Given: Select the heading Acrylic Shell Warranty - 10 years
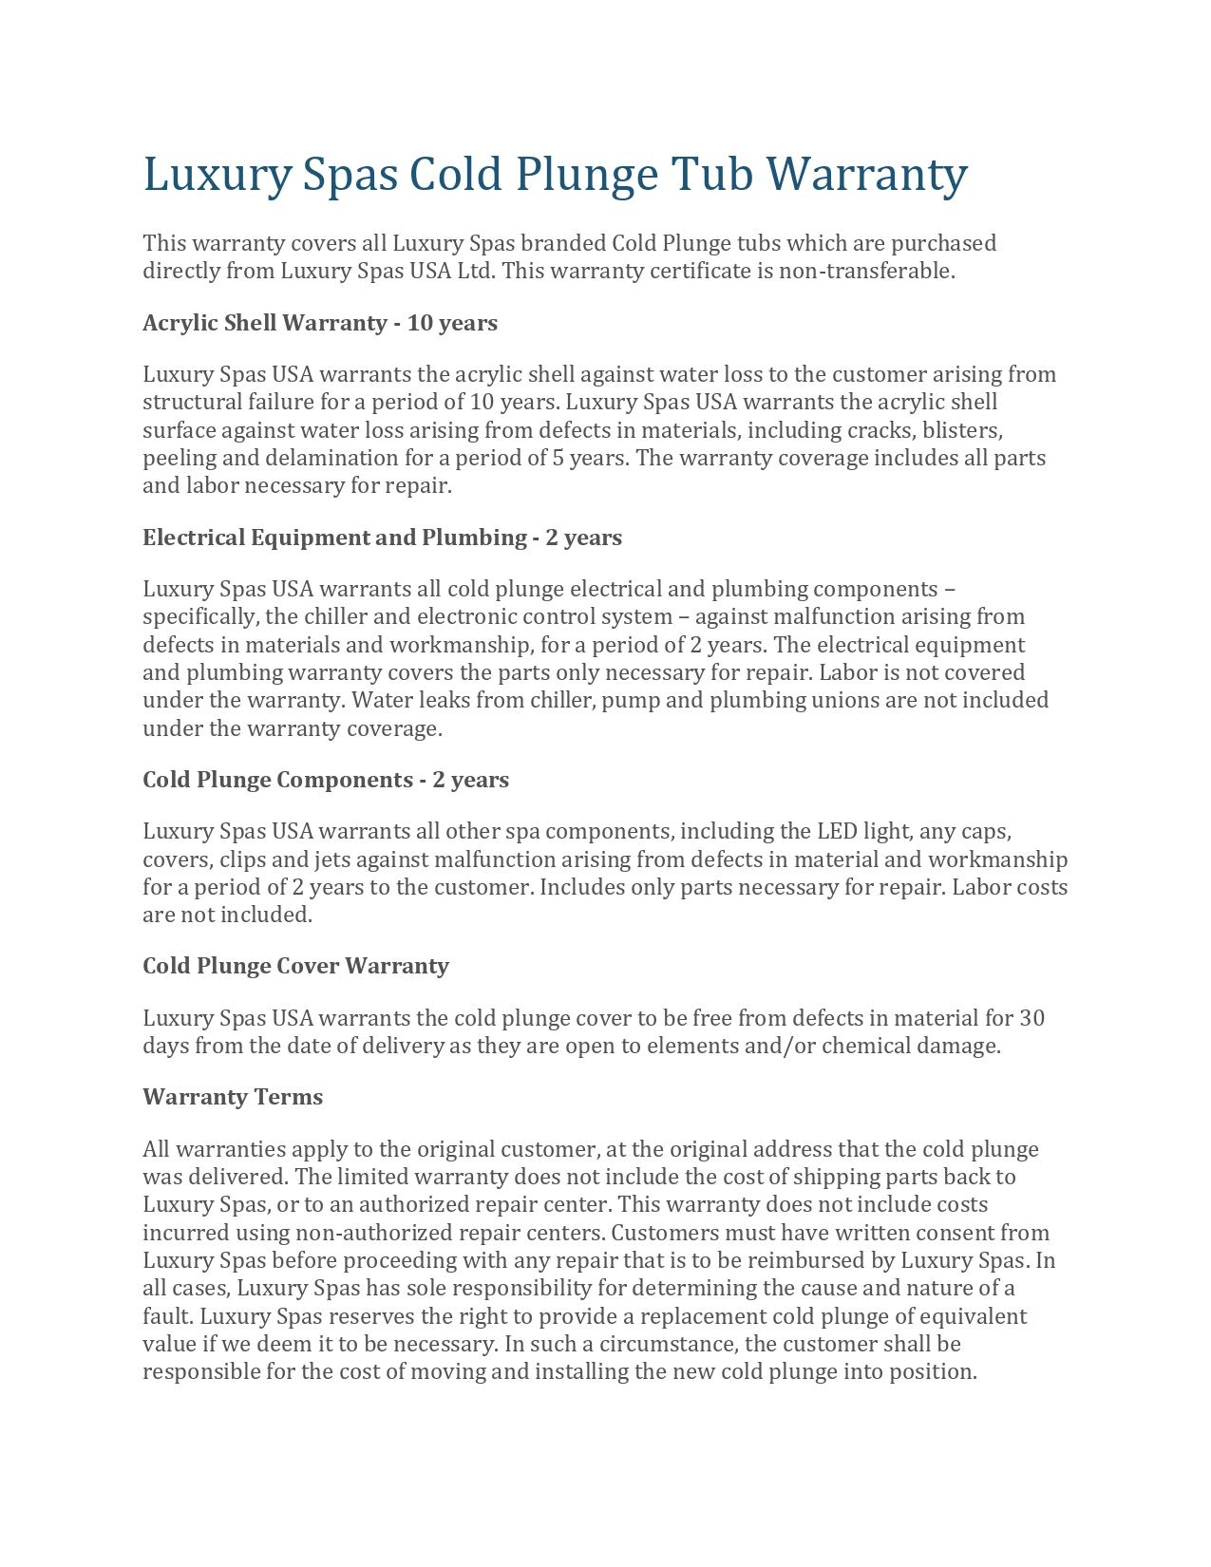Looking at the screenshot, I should [x=320, y=323].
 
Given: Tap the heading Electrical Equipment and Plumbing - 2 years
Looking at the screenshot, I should [x=382, y=538].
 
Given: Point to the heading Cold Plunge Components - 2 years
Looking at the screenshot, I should [x=326, y=780].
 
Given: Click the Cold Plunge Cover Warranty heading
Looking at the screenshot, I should [x=295, y=966].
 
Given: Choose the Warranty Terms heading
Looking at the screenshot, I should [x=233, y=1097].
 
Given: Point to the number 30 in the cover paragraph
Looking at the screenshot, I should [x=1031, y=1018].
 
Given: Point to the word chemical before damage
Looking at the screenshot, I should [x=864, y=1046].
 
